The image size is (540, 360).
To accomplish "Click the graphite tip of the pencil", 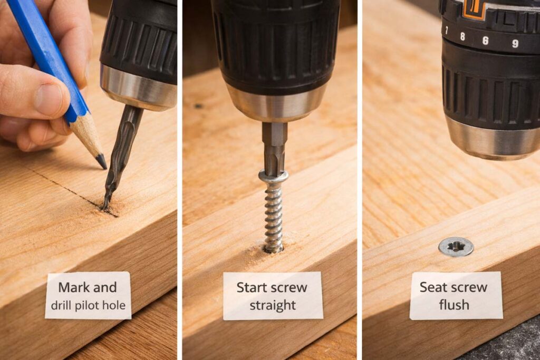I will coord(101,161).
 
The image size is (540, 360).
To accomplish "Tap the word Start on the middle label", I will coord(252,287).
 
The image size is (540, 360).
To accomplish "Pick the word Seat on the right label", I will coord(433,287).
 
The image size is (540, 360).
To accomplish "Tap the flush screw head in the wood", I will coord(456,246).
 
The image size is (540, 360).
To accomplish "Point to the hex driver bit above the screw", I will coord(275,148).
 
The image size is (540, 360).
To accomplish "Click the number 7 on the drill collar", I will coord(447,30).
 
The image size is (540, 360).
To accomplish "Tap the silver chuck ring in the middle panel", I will coord(276,103).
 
